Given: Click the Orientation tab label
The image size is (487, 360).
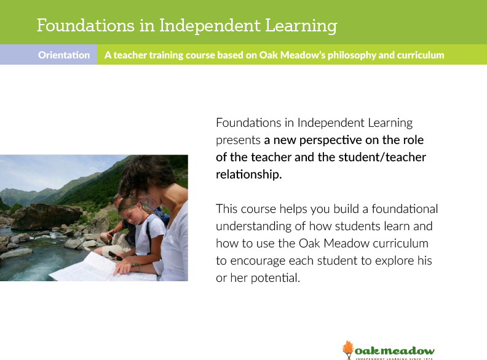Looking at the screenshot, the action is click(x=64, y=55).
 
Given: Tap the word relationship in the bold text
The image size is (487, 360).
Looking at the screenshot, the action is click(x=249, y=174).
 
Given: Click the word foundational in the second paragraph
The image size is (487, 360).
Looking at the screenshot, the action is click(x=405, y=209).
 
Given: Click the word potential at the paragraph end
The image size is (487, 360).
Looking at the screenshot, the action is click(x=275, y=278).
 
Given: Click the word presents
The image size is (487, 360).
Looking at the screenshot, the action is click(x=238, y=141).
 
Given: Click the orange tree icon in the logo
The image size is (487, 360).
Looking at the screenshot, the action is click(x=348, y=350).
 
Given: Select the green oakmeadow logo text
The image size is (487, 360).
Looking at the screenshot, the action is click(x=394, y=351).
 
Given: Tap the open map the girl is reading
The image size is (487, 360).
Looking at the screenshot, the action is click(x=103, y=267).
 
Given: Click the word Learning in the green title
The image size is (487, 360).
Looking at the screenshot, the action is click(x=301, y=26).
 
